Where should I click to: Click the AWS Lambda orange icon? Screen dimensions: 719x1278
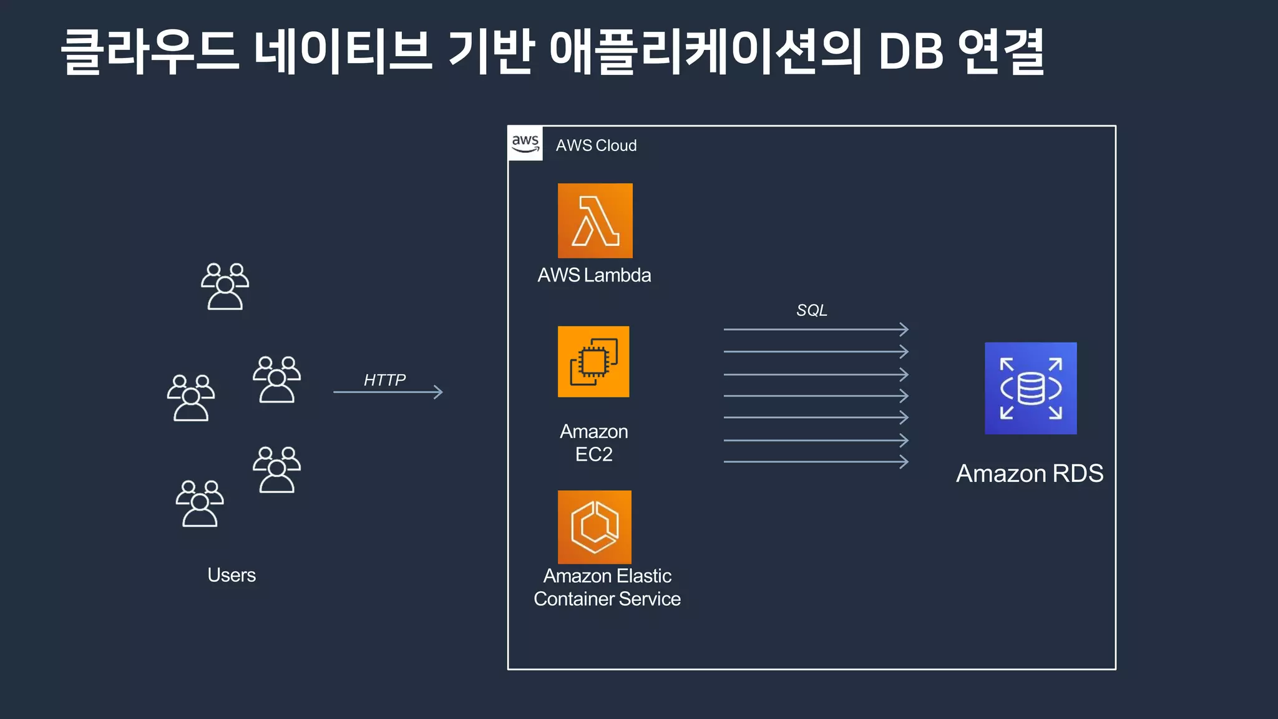click(595, 220)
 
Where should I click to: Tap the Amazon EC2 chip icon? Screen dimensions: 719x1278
click(593, 361)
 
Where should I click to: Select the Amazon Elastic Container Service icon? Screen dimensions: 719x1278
click(594, 527)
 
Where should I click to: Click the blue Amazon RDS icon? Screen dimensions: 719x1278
click(1030, 388)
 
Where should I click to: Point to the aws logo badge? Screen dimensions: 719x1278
click(525, 144)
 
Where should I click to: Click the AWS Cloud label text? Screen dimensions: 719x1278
click(596, 145)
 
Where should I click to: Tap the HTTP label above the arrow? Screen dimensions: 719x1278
click(384, 379)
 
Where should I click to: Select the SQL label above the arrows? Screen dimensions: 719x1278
click(811, 310)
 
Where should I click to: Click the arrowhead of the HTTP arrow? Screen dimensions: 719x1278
click(439, 392)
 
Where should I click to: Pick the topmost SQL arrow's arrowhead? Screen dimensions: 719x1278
click(904, 329)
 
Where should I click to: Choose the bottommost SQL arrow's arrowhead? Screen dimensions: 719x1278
click(904, 462)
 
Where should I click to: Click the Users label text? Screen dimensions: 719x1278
click(232, 575)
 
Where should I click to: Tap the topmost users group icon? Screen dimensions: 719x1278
click(225, 286)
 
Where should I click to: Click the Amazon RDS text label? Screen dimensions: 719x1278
click(1030, 474)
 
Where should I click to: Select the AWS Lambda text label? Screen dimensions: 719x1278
click(594, 275)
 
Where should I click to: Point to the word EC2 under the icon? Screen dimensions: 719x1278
click(593, 454)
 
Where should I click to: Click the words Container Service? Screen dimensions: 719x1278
click(607, 599)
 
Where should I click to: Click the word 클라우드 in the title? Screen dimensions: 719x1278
click(150, 51)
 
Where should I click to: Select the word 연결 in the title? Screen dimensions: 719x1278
click(1001, 51)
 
